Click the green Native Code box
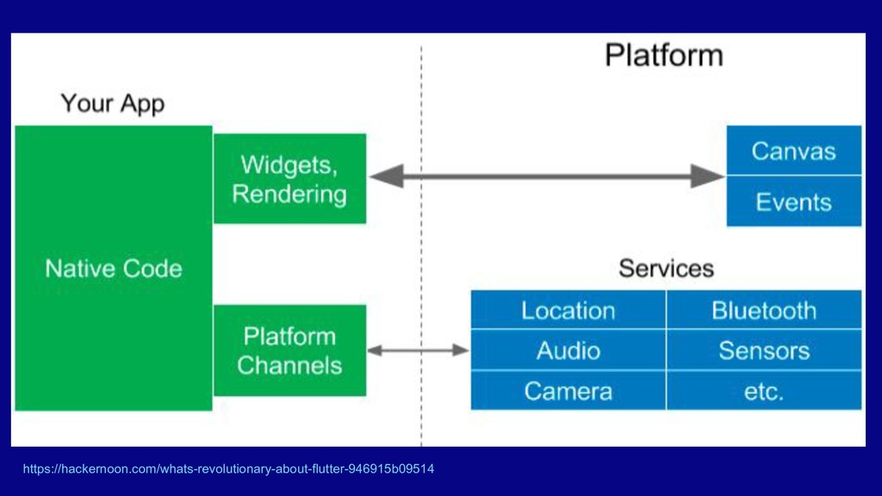coord(114,268)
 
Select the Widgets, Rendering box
coord(289,178)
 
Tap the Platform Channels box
coord(289,350)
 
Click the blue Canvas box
coord(793,151)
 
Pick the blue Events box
coord(793,201)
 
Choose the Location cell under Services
coord(568,310)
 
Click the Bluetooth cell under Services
coord(764,310)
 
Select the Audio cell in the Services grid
coord(568,350)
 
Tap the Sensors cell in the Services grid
coord(764,350)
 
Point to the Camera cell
coord(568,391)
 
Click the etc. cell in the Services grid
coord(764,391)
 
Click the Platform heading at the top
coord(663,55)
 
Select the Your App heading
coord(112,104)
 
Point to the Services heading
coord(666,268)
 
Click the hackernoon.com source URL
coord(228,469)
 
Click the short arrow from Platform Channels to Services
coord(419,350)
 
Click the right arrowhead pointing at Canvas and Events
coord(710,177)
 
